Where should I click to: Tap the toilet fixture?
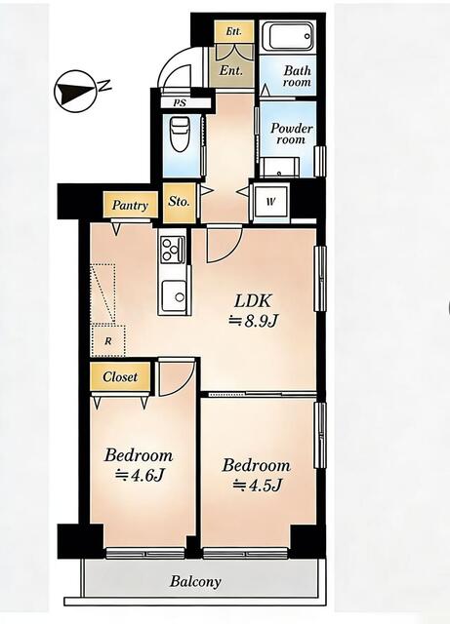coord(179,134)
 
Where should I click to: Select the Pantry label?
coord(130,206)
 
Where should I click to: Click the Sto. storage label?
coord(179,202)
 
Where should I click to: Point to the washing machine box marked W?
coord(271,202)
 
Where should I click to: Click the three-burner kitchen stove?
coord(173,250)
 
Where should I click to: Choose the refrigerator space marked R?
coord(108,341)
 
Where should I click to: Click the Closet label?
coord(120,376)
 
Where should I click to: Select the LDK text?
coord(253,301)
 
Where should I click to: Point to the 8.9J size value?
coord(252,322)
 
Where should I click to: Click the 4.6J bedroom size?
coord(140,475)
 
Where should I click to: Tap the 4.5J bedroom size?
coord(258,486)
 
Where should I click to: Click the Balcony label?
coord(195,582)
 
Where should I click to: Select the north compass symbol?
coord(75,91)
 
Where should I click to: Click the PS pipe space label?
coord(180,102)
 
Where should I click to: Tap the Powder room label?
coord(291,134)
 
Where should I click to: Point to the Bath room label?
coord(297,76)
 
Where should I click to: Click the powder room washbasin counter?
coord(280,167)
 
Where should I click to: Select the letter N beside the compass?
coord(104,85)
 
